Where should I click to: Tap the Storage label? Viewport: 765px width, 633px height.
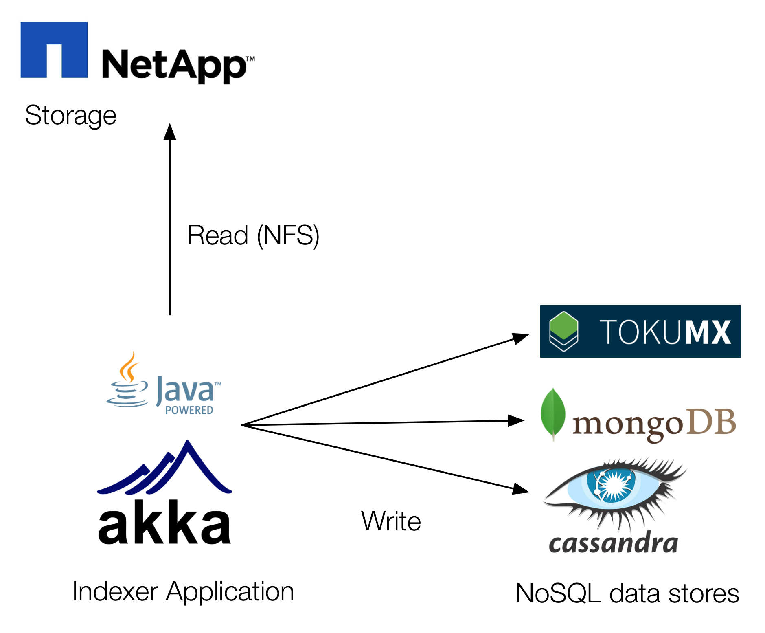coord(71,115)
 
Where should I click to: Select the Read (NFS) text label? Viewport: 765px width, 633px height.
coord(253,235)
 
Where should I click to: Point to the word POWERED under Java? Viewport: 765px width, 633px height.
coord(189,410)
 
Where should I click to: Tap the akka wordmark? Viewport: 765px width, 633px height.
coord(164,523)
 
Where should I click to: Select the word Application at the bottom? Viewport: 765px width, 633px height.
coord(230,591)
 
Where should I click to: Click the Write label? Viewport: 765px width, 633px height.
coord(391,521)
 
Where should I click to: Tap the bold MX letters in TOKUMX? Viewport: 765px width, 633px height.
coord(708,332)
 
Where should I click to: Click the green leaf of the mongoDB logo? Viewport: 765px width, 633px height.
coord(553,412)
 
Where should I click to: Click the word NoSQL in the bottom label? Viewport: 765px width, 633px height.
coord(558,593)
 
